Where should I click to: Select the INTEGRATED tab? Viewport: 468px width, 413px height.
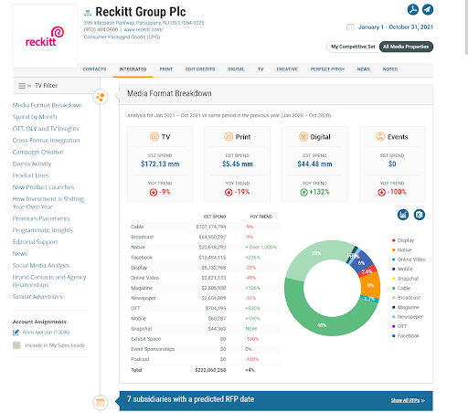(133, 69)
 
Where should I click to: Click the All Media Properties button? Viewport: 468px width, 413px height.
(407, 47)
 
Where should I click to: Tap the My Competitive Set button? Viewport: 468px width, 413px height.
(352, 47)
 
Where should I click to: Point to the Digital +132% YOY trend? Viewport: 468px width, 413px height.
(319, 193)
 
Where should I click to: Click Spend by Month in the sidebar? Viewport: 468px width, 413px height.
(35, 118)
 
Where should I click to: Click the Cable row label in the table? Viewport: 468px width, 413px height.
(137, 226)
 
